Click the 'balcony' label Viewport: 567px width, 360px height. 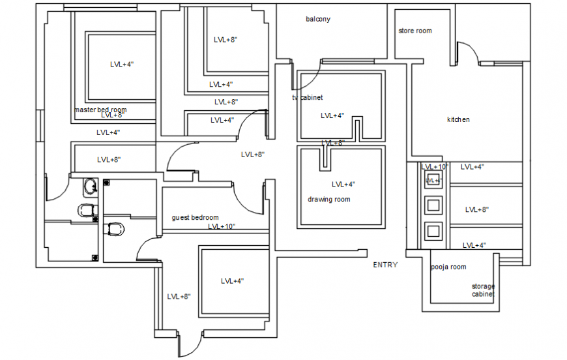[x=317, y=19]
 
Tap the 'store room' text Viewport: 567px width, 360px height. [x=414, y=31]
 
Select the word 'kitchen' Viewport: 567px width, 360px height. [x=458, y=119]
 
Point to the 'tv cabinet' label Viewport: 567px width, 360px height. [x=307, y=97]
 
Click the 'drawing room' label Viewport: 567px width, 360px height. [x=328, y=199]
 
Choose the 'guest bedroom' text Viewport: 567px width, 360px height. [x=195, y=217]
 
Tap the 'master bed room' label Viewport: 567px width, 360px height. [x=100, y=110]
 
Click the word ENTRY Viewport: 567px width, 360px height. [x=385, y=265]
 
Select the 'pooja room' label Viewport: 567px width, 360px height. [x=448, y=267]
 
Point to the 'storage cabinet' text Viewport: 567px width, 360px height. [x=483, y=290]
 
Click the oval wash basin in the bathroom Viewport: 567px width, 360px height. [x=90, y=188]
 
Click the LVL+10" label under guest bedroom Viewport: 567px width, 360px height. [x=222, y=226]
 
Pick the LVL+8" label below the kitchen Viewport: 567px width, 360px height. [x=476, y=209]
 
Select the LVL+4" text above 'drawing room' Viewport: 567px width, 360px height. [x=343, y=184]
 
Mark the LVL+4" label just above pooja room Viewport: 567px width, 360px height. [x=474, y=245]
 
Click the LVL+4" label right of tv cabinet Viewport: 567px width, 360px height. [x=332, y=115]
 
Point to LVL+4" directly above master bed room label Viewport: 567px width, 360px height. [x=122, y=64]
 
